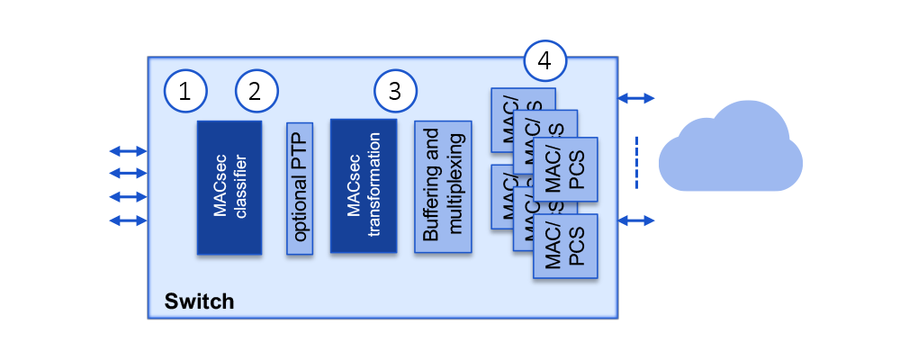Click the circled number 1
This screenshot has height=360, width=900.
pyautogui.click(x=185, y=90)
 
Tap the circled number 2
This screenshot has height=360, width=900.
pyautogui.click(x=256, y=90)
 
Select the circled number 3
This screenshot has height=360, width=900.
pyautogui.click(x=396, y=90)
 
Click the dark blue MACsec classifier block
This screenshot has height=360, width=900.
pyautogui.click(x=229, y=187)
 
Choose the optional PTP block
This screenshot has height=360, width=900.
pyautogui.click(x=300, y=188)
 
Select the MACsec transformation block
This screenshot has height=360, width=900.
pyautogui.click(x=364, y=186)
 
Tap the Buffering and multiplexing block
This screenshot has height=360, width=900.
pyautogui.click(x=443, y=186)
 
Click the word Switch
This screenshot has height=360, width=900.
pyautogui.click(x=199, y=301)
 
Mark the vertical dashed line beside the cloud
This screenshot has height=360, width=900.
pyautogui.click(x=636, y=163)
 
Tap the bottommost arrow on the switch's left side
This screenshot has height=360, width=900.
pyautogui.click(x=127, y=220)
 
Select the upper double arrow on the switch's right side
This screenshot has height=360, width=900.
pyautogui.click(x=636, y=97)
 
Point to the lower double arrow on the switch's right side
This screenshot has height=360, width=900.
pyautogui.click(x=636, y=220)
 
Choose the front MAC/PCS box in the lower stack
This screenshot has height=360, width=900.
pyautogui.click(x=565, y=246)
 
